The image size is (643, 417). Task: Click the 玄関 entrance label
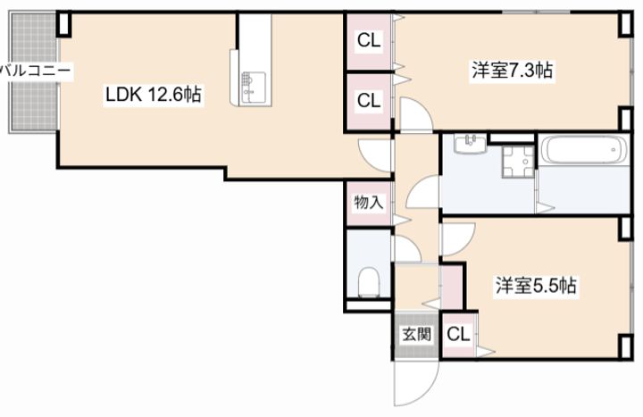pos(415,335)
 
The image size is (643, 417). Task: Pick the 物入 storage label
pos(368,203)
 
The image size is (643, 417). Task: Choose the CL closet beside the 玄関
pos(458,336)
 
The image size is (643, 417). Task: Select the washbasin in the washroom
pos(470,144)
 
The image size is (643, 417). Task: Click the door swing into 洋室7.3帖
pos(415,114)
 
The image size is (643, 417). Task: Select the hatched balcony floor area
pos(31,98)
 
